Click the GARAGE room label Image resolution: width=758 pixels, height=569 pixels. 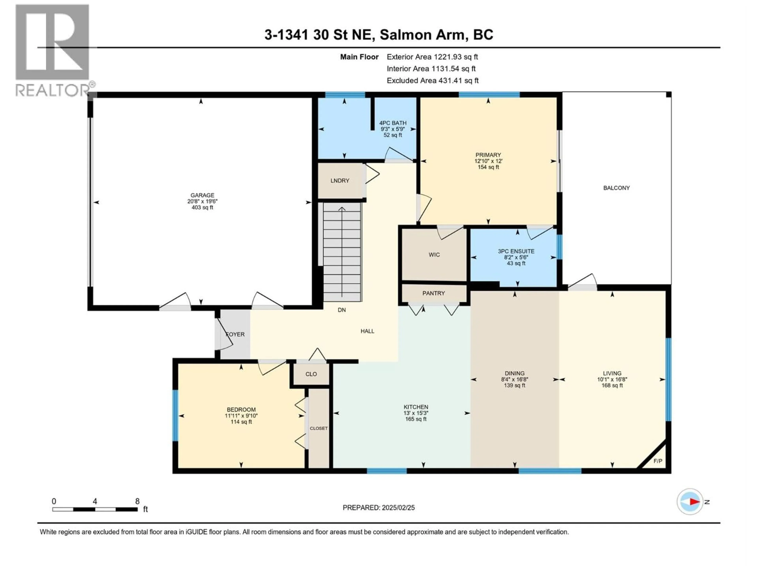[x=202, y=195]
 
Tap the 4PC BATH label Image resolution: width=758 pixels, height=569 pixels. [x=393, y=123]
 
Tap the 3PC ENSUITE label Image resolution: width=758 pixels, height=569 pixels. [x=516, y=251]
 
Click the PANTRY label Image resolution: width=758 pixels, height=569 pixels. [x=433, y=293]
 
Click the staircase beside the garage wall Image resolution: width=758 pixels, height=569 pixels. [x=342, y=252]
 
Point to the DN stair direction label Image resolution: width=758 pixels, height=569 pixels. [x=342, y=310]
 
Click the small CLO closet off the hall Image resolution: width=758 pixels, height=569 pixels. [x=311, y=374]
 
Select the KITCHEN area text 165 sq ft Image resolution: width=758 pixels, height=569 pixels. [x=416, y=419]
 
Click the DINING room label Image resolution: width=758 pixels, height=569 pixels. [x=514, y=373]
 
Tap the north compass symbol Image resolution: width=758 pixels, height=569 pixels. [x=690, y=502]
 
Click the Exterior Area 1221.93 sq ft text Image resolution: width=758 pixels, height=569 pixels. [x=432, y=57]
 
